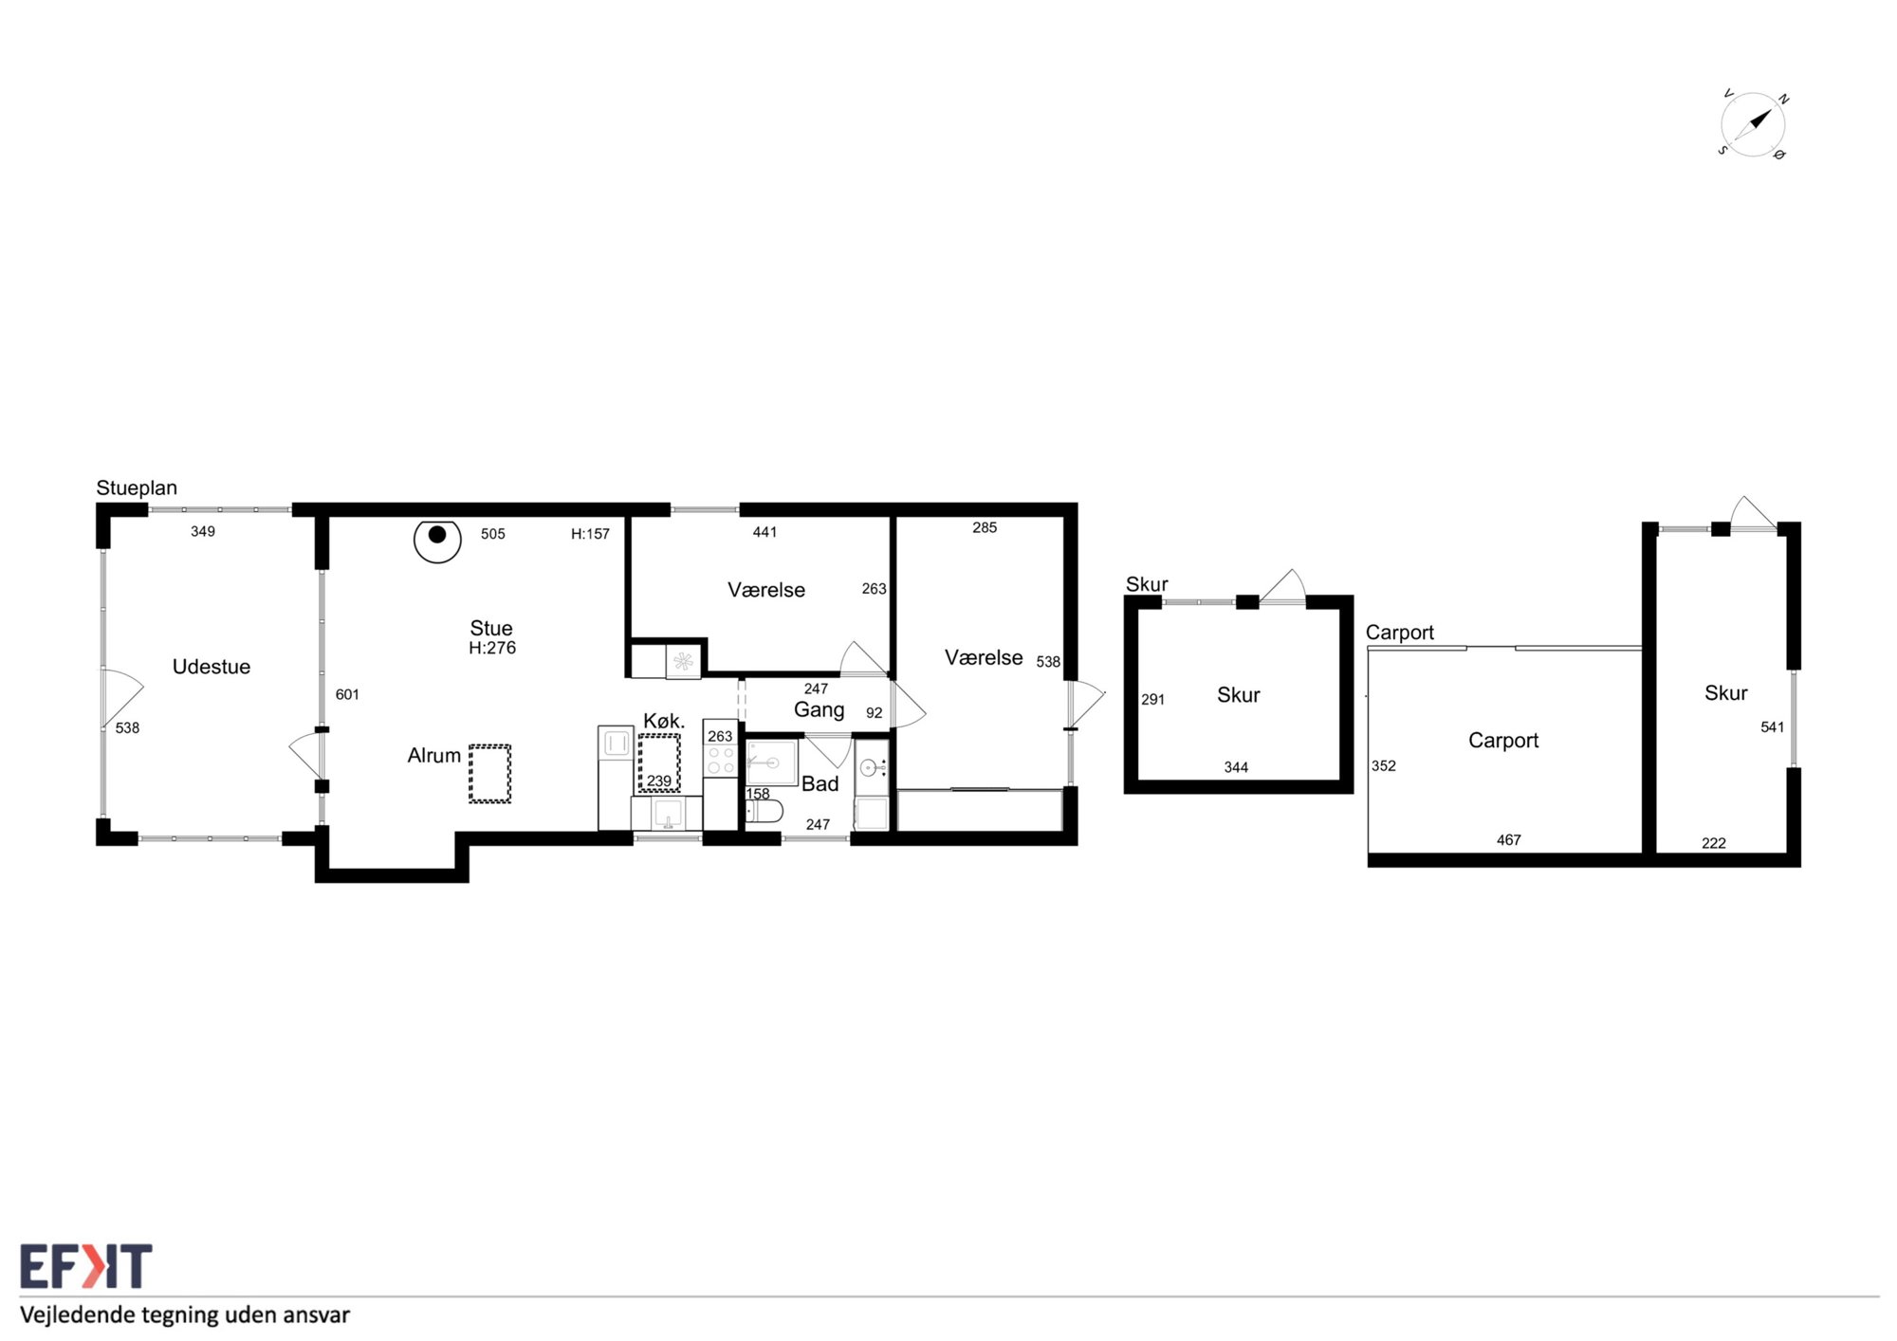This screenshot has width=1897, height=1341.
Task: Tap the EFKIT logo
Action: [86, 1266]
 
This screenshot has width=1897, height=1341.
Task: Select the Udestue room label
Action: [212, 667]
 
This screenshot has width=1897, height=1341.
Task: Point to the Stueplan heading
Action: [137, 488]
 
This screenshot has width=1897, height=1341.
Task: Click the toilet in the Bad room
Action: [764, 812]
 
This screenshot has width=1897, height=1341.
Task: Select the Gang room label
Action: [820, 710]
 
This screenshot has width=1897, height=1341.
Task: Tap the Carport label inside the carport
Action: [1503, 741]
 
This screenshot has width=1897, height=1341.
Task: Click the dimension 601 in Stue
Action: [347, 694]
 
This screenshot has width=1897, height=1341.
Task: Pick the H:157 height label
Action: [590, 534]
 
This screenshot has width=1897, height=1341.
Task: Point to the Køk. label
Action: [664, 721]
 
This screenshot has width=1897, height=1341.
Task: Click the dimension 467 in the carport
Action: [1509, 839]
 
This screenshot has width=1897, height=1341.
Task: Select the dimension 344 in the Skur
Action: [1236, 767]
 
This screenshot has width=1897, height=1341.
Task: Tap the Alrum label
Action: [434, 756]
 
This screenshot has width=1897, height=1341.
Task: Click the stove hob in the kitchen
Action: [721, 761]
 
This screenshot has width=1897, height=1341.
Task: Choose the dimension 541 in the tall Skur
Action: [1772, 727]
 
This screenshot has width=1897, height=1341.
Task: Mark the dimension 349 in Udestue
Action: [203, 531]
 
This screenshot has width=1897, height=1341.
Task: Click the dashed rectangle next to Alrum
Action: [489, 774]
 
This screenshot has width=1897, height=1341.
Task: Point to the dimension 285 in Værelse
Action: [985, 527]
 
